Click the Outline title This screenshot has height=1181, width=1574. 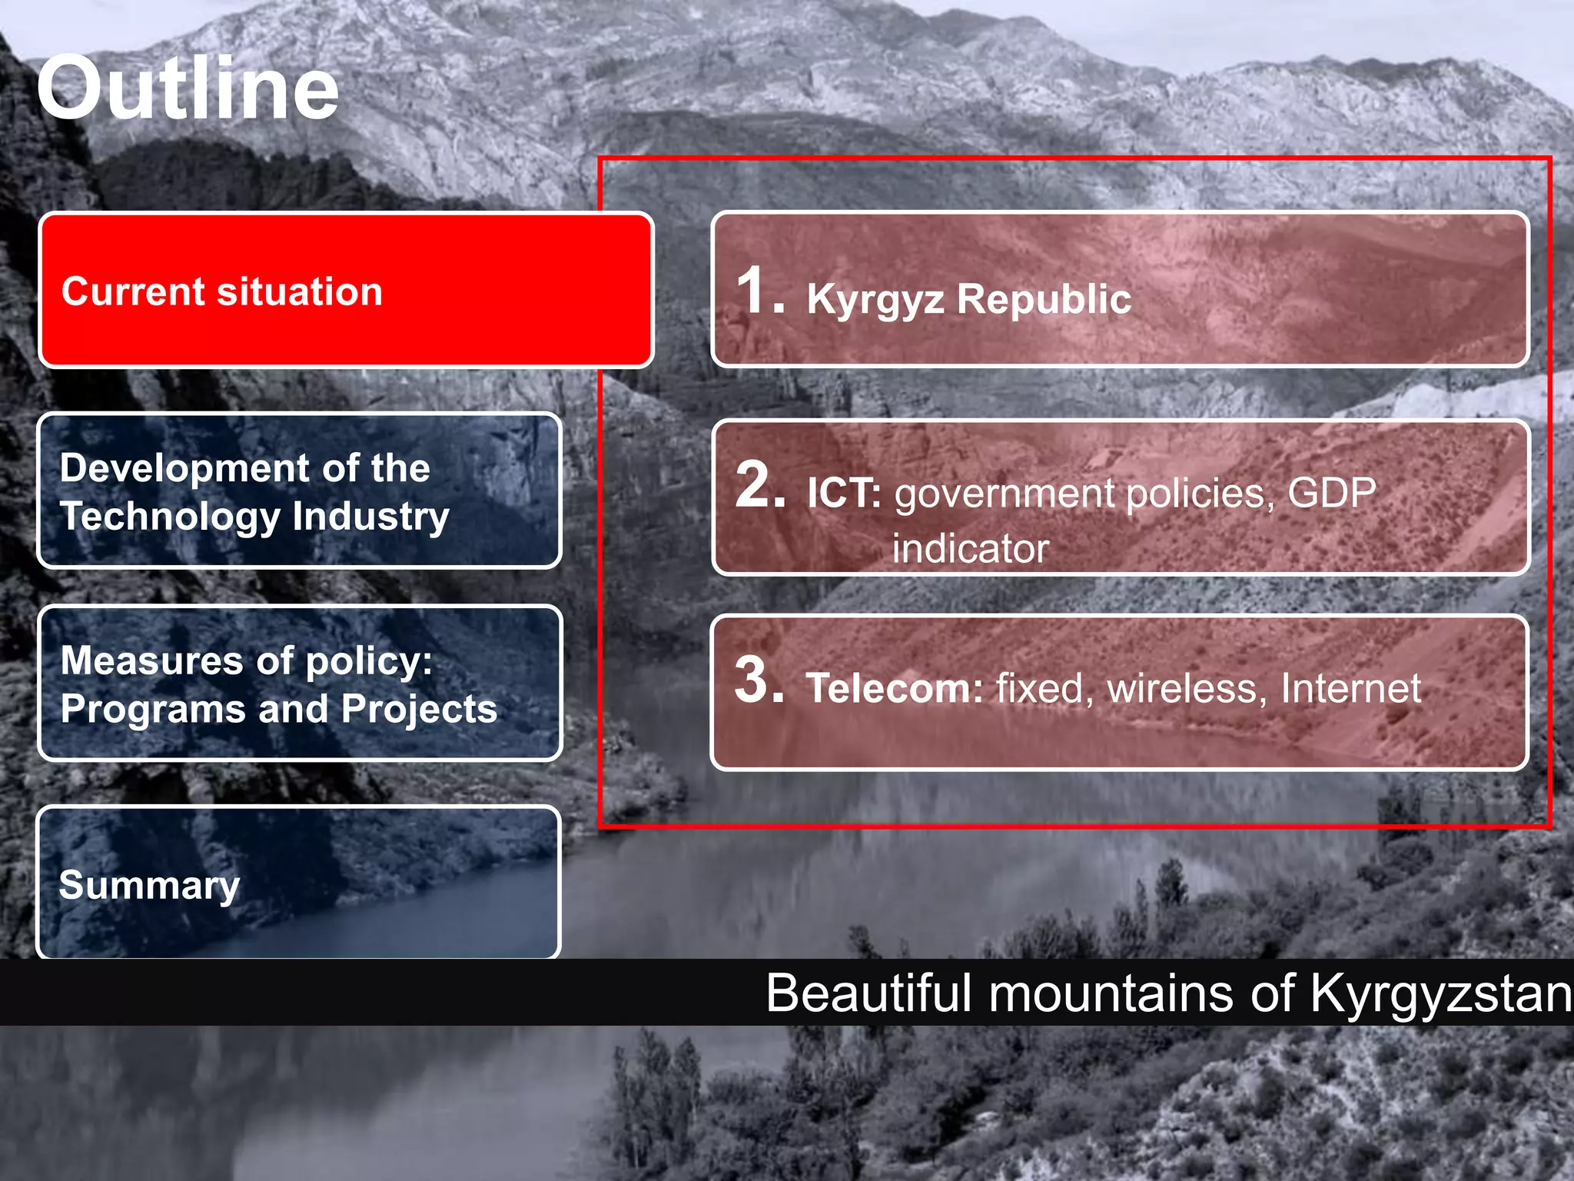188,89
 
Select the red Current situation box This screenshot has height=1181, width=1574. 346,291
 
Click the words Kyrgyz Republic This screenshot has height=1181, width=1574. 968,298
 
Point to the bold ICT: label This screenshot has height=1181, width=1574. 843,494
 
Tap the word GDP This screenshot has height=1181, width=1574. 1332,492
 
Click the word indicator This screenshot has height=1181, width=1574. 970,549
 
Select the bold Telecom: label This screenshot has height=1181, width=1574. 894,688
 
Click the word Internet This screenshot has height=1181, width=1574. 1350,688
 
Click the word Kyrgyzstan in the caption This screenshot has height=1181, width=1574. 1441,993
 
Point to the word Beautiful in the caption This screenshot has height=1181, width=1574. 868,993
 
